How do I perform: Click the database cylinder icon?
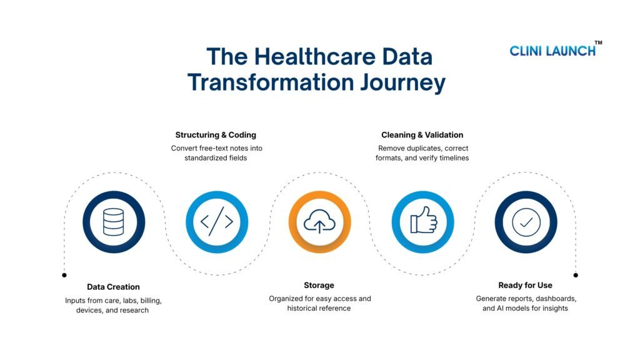[x=114, y=222]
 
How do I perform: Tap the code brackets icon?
[x=217, y=222]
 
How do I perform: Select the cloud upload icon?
[x=319, y=222]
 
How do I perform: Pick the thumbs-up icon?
[x=422, y=222]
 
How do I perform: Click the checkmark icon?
[x=526, y=222]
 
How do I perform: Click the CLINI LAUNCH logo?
[x=552, y=51]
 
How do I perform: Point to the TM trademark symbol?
[x=598, y=42]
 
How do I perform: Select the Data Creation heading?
[x=113, y=287]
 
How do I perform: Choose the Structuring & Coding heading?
[x=216, y=135]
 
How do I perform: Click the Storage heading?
[x=319, y=285]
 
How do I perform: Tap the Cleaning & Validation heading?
[x=422, y=135]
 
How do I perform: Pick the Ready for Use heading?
[x=525, y=285]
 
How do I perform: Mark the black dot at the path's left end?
[x=64, y=274]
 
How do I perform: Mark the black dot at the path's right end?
[x=576, y=274]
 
